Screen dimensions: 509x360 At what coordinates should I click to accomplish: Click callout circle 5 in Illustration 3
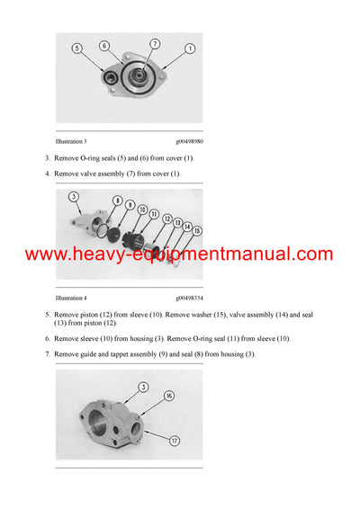pos(76,48)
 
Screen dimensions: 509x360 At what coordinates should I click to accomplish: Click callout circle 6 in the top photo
pos(104,45)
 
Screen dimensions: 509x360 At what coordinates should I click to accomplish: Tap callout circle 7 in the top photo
pos(155,43)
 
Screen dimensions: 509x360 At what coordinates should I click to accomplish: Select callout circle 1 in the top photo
pos(191,48)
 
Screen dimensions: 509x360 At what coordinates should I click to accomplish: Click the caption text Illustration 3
pos(71,141)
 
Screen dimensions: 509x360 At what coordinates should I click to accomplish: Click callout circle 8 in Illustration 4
pos(118,201)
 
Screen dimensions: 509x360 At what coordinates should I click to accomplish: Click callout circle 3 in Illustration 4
pos(73,197)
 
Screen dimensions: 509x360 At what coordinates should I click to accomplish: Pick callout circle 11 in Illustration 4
pos(155,214)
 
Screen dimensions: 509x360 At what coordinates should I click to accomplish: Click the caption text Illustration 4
pos(71,296)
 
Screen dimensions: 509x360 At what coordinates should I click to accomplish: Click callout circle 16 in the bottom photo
pos(168,395)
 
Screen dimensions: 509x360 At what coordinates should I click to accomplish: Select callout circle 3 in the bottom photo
pos(142,388)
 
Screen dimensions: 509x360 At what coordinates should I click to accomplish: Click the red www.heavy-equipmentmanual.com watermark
pos(179,254)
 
